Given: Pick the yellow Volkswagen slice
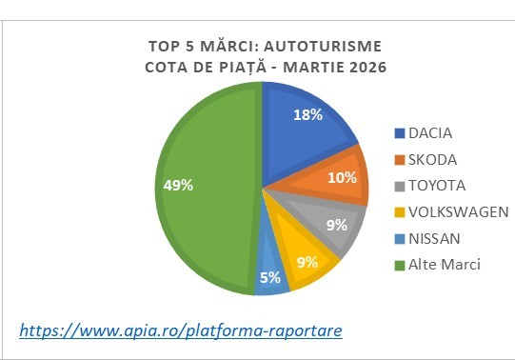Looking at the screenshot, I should [302, 259].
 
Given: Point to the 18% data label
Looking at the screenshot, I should [307, 114].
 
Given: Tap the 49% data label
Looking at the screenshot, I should [177, 185].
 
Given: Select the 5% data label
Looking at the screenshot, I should [271, 278].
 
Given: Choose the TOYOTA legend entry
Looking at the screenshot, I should [436, 184].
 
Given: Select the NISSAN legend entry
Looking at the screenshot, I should [433, 237].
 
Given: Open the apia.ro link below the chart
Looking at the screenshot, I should [181, 330].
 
